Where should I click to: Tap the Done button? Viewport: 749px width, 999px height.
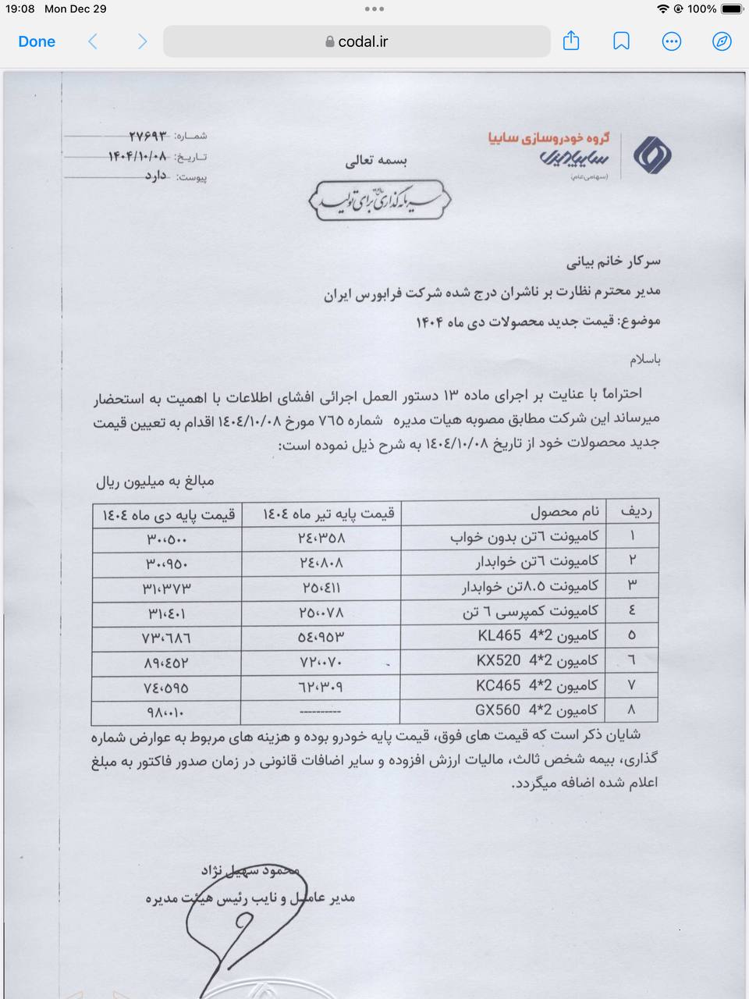tap(37, 41)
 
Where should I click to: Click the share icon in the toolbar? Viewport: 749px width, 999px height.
tap(571, 41)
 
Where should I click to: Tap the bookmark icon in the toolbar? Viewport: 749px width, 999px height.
tap(621, 41)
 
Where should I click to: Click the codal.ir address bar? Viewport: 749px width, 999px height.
tap(357, 41)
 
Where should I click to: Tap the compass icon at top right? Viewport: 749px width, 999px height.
tap(722, 41)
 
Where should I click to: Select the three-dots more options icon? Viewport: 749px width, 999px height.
tap(671, 41)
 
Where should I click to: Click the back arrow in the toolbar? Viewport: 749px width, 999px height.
tap(93, 41)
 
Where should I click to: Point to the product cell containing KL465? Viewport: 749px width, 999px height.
tap(538, 635)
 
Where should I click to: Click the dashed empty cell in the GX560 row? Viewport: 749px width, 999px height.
tap(320, 712)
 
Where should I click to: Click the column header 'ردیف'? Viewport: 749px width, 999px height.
tap(635, 512)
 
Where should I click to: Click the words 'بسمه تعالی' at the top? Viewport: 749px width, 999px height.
tap(376, 162)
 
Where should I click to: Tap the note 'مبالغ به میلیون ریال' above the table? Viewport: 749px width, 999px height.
tap(154, 482)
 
